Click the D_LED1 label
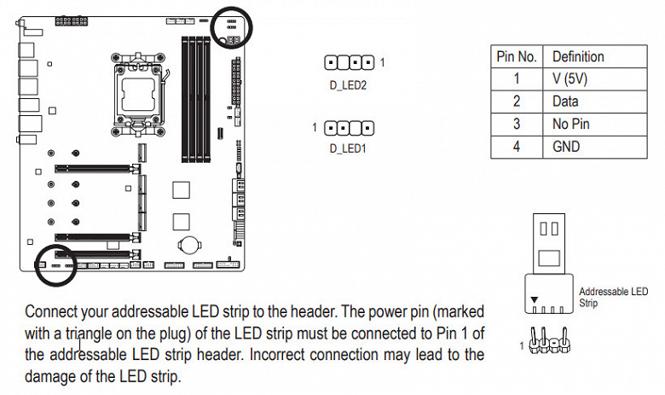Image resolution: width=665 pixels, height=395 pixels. pos(347,148)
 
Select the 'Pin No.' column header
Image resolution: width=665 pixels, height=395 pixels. pos(516,56)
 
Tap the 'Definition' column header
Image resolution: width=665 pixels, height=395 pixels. pos(578,56)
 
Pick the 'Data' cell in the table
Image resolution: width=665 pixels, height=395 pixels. pos(565,101)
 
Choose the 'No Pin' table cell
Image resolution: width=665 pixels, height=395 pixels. pos(570,124)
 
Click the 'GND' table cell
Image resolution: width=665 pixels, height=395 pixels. pos(566,147)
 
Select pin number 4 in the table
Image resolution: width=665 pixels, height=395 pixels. pos(516,147)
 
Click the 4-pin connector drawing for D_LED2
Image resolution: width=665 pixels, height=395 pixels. pos(350,62)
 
